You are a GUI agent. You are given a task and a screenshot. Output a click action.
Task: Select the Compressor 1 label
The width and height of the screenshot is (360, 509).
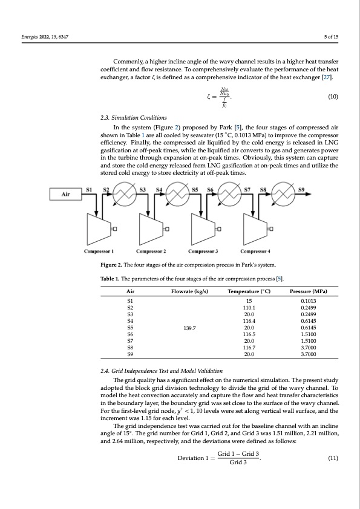point(101,251)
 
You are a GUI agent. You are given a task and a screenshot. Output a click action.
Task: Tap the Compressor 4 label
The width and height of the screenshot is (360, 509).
point(257,251)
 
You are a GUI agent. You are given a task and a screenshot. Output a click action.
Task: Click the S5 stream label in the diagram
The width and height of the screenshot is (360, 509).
point(195,189)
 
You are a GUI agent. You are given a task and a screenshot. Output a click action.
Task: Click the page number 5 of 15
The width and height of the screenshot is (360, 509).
point(330,37)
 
